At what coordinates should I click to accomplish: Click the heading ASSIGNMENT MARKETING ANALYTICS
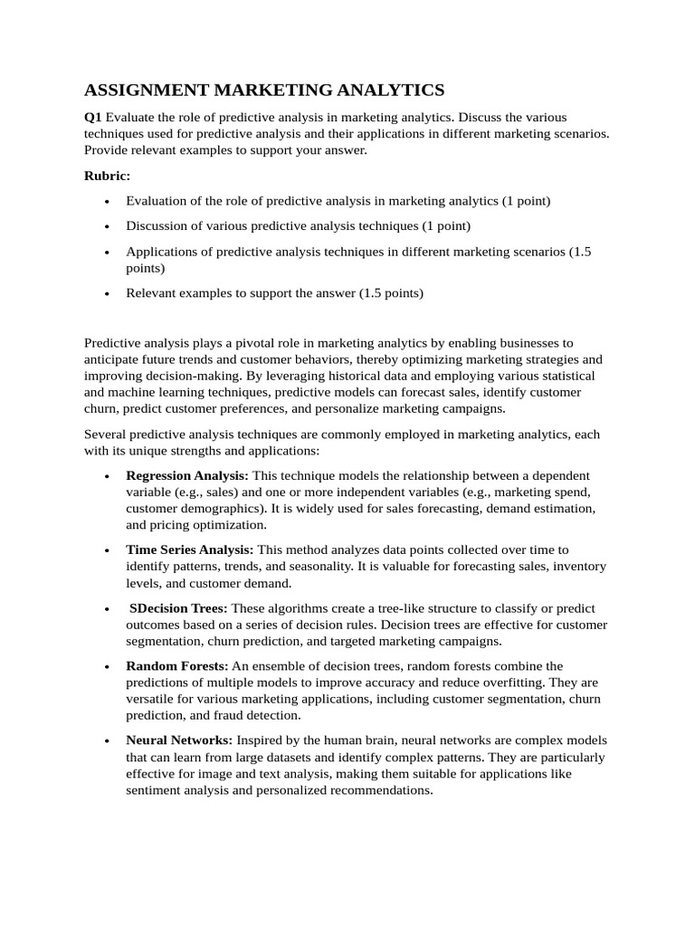(x=264, y=90)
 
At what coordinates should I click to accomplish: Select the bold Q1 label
(x=93, y=118)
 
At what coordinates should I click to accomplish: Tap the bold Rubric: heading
(x=108, y=176)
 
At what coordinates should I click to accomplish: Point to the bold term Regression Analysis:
(x=187, y=475)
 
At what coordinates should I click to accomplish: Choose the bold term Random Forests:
(x=177, y=666)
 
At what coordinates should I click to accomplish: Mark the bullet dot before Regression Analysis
(x=108, y=476)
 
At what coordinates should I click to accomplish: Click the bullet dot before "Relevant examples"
(x=108, y=293)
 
